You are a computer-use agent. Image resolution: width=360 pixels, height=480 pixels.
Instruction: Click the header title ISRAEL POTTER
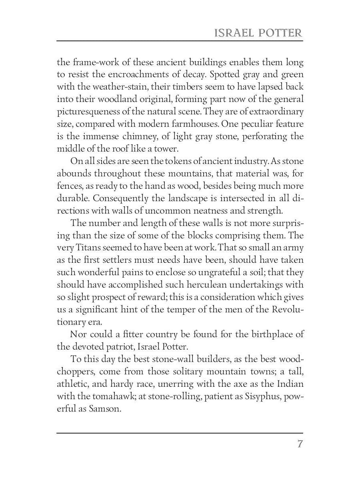(258, 33)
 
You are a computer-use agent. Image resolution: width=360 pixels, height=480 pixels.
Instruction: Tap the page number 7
(300, 444)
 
